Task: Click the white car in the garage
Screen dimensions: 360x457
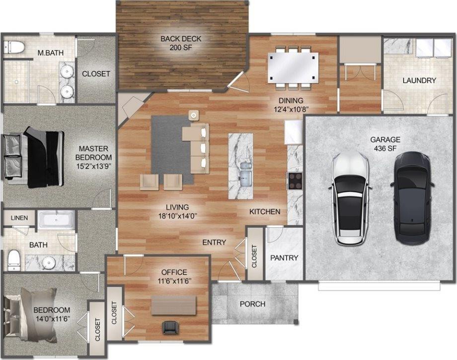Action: coord(351,198)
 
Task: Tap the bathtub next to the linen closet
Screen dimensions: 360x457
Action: coord(57,219)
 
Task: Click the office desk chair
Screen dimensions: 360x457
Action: coord(170,327)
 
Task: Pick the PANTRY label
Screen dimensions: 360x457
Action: coord(284,258)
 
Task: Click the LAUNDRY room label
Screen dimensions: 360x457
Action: coord(419,80)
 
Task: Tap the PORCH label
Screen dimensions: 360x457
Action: coord(252,303)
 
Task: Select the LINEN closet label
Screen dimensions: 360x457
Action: coord(19,218)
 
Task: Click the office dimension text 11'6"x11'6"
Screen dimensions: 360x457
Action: coord(174,280)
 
